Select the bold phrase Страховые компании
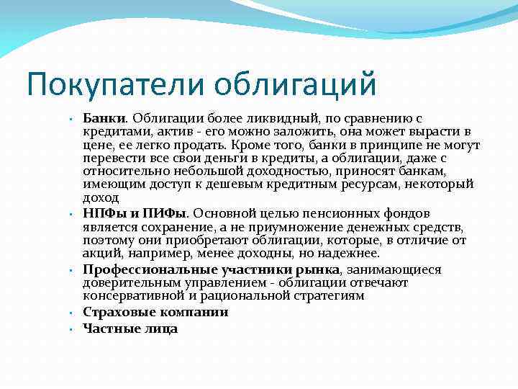(x=155, y=312)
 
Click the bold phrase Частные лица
(x=130, y=328)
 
